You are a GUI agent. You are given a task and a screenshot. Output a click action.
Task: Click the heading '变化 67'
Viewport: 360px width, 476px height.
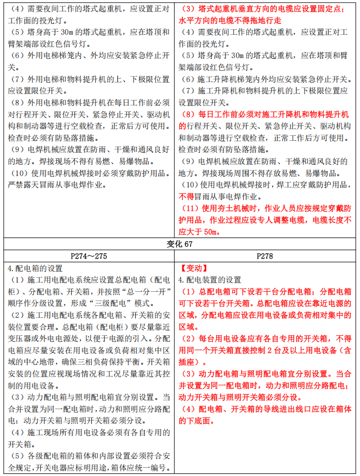tap(180, 244)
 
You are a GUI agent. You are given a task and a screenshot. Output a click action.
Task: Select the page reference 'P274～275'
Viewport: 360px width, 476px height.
tap(90, 256)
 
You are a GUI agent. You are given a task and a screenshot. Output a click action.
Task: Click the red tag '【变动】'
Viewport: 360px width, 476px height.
tap(193, 268)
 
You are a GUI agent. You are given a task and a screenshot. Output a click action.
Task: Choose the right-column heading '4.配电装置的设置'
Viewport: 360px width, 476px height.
tap(210, 280)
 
